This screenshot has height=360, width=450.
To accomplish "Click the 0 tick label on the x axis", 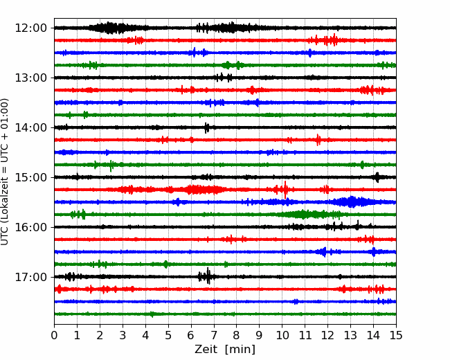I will point(55,336).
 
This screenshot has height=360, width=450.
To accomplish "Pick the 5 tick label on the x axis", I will point(168,336).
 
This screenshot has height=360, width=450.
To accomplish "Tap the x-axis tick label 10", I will point(282,336).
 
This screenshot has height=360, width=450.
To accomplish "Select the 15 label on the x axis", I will point(395,336).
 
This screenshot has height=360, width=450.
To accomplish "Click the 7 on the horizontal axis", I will point(214,336).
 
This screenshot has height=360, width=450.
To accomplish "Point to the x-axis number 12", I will point(327,336).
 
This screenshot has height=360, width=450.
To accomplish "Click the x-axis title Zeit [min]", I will point(225,350).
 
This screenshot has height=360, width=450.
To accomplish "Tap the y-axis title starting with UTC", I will point(6,171).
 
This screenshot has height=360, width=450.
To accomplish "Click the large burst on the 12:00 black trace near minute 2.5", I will point(111,28).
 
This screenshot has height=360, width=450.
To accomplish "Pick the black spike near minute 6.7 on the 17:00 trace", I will point(207,277).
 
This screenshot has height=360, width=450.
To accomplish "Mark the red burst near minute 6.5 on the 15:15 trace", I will point(202,190).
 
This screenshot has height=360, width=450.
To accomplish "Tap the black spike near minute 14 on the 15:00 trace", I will point(377,177).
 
